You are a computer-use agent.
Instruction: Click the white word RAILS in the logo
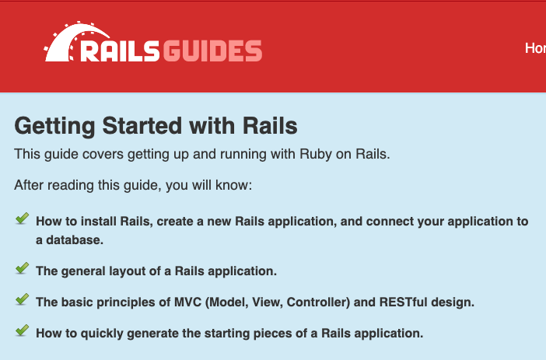(120, 51)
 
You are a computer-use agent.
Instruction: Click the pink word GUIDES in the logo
(212, 51)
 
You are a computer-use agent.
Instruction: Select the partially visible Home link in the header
(536, 48)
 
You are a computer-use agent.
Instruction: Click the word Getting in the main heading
(54, 127)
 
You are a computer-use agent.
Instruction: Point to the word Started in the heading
(142, 126)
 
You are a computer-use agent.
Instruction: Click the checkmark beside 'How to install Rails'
(23, 218)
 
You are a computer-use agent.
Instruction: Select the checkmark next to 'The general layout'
(23, 268)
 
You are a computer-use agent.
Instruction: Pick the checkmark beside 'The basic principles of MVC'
(23, 299)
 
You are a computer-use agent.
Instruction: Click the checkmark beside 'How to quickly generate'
(23, 330)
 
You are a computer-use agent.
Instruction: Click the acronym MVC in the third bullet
(187, 302)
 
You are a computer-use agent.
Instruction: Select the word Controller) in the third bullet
(318, 302)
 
